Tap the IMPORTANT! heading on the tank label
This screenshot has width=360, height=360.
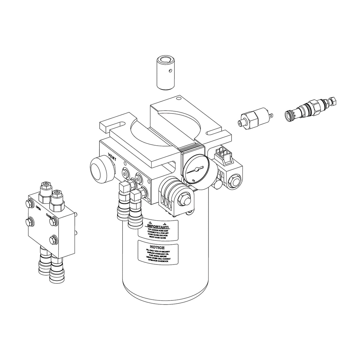158,227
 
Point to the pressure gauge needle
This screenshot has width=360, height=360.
196,169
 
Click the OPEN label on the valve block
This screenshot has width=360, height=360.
38,208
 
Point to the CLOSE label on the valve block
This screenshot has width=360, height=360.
49,216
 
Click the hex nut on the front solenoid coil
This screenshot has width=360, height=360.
184,198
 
